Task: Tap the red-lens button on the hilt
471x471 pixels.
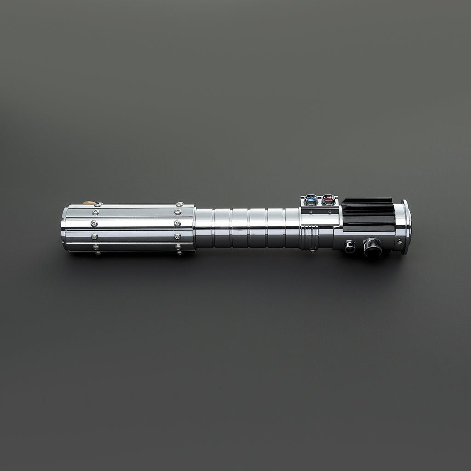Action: (328, 200)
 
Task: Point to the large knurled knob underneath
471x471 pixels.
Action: (372, 247)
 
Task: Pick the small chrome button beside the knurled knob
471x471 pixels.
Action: (350, 246)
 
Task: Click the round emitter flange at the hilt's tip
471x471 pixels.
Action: (405, 227)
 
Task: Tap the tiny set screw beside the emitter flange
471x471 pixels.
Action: (399, 241)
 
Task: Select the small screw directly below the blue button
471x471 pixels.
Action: (311, 213)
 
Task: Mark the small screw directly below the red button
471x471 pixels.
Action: (330, 213)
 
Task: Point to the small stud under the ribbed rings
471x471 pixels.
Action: (312, 250)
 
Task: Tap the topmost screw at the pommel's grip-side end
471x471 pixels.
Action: (179, 204)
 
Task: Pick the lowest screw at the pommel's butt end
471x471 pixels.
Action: (97, 252)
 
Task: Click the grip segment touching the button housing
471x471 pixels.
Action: (292, 228)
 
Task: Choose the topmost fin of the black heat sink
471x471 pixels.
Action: (367, 201)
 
